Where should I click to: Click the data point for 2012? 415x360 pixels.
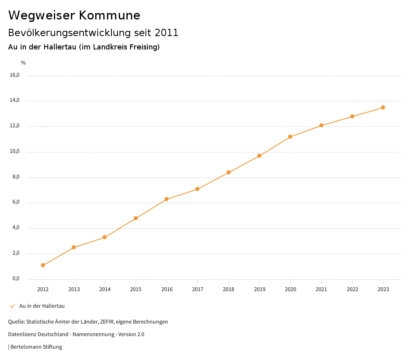click(x=43, y=265)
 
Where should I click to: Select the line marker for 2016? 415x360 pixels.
click(x=167, y=199)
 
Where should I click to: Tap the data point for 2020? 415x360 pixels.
click(x=290, y=137)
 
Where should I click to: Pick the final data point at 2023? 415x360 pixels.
click(x=383, y=107)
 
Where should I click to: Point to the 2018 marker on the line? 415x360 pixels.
click(x=229, y=172)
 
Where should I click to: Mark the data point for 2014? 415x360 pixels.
click(x=105, y=237)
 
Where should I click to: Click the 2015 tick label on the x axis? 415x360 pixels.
click(x=136, y=289)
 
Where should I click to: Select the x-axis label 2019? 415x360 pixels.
click(x=259, y=289)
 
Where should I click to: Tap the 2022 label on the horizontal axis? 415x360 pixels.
click(x=352, y=289)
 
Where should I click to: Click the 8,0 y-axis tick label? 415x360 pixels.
click(x=16, y=177)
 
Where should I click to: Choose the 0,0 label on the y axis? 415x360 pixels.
click(x=16, y=279)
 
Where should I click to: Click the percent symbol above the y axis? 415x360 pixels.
click(x=24, y=63)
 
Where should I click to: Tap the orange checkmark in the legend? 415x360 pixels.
click(x=12, y=306)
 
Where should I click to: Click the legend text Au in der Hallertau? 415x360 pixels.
click(x=42, y=306)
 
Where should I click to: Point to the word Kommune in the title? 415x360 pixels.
click(x=109, y=15)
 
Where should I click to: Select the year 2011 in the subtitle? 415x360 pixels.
click(x=167, y=33)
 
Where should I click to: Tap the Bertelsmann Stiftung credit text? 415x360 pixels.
click(x=36, y=347)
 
